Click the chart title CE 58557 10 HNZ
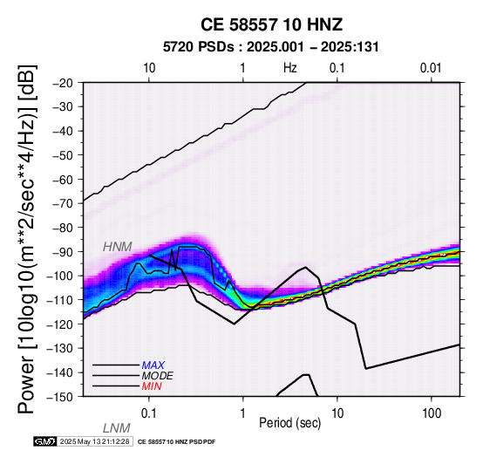(x=271, y=24)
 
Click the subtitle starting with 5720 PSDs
(x=271, y=47)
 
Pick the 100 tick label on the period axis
(x=432, y=413)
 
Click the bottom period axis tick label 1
(x=243, y=413)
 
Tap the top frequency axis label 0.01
(x=431, y=68)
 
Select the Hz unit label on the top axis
(x=290, y=68)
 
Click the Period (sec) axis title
(x=289, y=423)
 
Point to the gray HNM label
(x=118, y=247)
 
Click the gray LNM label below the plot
(x=117, y=428)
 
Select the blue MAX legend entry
(x=153, y=365)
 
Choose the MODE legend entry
(x=158, y=376)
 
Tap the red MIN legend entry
(x=152, y=386)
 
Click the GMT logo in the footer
(x=45, y=441)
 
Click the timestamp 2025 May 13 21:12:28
(x=94, y=441)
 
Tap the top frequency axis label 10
(x=149, y=68)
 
